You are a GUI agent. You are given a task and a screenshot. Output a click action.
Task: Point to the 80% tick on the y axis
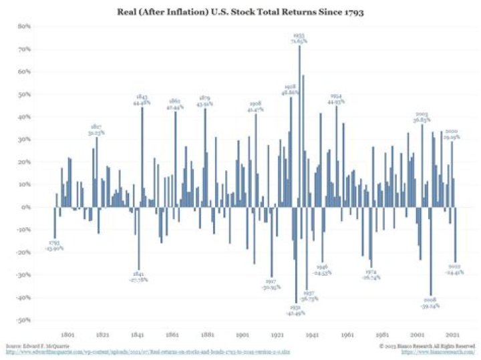[x=25, y=26]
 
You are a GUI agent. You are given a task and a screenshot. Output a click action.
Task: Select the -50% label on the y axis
[x=25, y=320]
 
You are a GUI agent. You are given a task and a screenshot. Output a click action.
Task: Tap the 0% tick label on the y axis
[x=27, y=207]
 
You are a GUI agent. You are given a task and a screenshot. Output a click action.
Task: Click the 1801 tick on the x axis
[x=67, y=333]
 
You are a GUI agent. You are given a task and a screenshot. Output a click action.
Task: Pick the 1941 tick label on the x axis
[x=312, y=333]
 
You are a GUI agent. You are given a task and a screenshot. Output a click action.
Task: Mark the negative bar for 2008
[x=432, y=251]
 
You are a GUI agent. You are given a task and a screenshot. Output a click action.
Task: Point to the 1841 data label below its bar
[x=138, y=277]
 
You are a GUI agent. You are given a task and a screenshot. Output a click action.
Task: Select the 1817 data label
[x=96, y=130]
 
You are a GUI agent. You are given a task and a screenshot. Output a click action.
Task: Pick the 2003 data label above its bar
[x=422, y=118]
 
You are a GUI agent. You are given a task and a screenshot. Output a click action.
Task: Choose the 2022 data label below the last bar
[x=457, y=270]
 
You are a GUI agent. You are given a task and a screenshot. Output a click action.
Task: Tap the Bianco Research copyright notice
[x=434, y=346]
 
